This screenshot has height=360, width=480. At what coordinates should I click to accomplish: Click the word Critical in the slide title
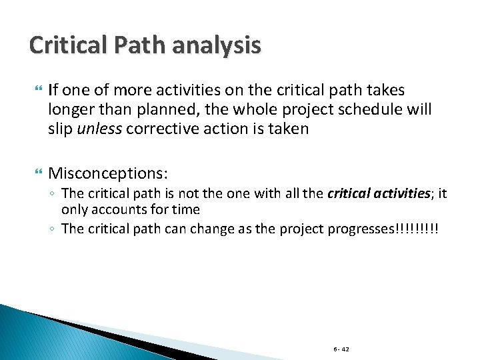tap(65, 45)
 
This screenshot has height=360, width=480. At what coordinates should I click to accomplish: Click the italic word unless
tap(99, 129)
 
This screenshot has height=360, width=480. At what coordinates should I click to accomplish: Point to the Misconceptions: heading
tap(108, 173)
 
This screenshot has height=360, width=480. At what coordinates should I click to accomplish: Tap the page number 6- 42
tap(340, 349)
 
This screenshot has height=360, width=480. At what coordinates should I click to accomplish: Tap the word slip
tap(60, 129)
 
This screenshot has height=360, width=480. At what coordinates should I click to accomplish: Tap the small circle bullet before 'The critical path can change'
tap(53, 229)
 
